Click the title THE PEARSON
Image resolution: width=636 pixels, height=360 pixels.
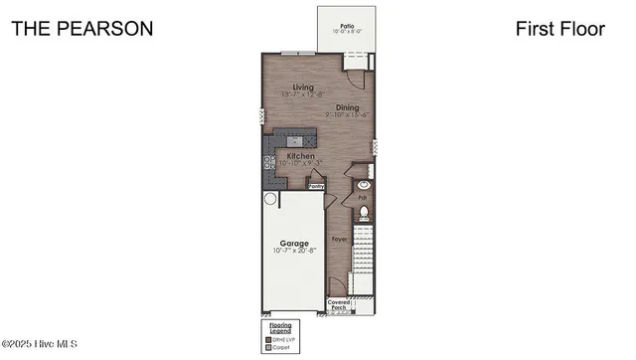(82, 29)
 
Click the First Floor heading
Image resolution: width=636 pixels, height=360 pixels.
(559, 29)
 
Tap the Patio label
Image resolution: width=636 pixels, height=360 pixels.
(347, 25)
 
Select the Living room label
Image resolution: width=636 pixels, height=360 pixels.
(289, 88)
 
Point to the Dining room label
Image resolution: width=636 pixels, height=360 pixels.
(347, 107)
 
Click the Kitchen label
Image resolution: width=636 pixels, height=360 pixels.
(301, 156)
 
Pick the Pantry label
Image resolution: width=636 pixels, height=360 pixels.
(317, 185)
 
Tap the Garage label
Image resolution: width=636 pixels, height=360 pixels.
(294, 243)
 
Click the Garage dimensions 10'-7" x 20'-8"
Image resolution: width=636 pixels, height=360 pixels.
(294, 252)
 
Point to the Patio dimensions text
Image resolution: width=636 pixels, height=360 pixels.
(347, 32)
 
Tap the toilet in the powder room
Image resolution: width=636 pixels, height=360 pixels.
(364, 212)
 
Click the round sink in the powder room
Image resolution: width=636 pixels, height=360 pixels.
(364, 185)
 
